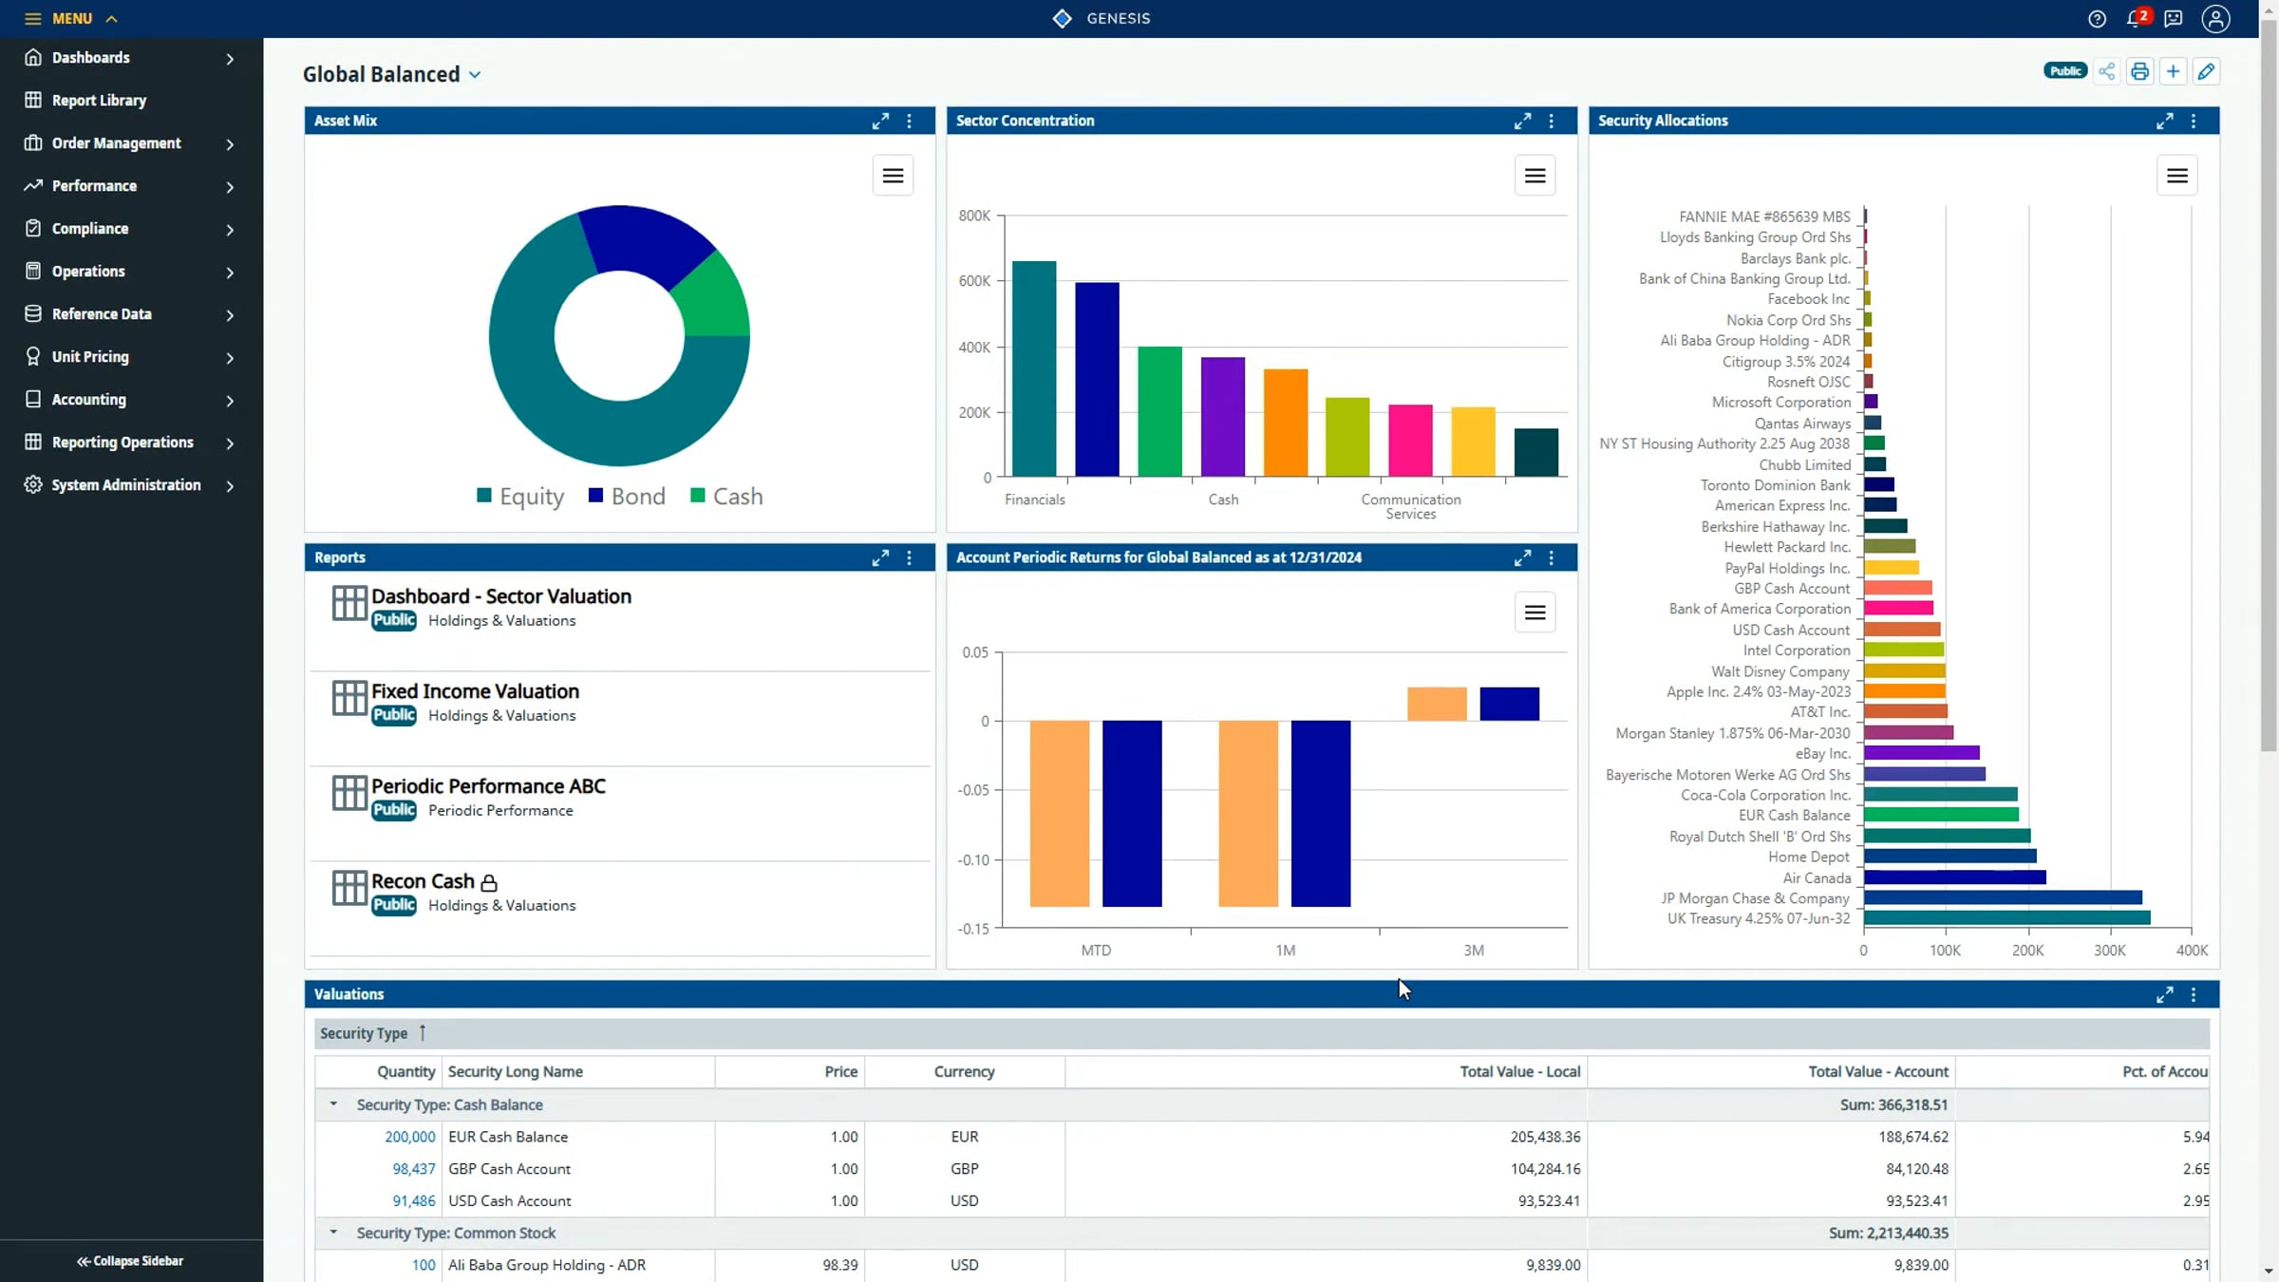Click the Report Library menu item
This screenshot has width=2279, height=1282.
tap(99, 101)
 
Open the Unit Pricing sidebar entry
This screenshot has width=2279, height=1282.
tap(90, 357)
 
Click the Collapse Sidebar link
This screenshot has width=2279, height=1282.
tap(130, 1261)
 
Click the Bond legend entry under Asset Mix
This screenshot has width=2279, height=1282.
tap(628, 497)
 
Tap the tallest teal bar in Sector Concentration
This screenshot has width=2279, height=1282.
tap(1033, 368)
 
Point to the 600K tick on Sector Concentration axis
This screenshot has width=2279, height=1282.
tap(974, 281)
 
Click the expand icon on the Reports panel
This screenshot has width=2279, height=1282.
tap(880, 558)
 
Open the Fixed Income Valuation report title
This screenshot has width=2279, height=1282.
tap(475, 691)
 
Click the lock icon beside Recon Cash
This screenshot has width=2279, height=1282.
tap(489, 883)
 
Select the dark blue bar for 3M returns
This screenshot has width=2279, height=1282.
tap(1509, 704)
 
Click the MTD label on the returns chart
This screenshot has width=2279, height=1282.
tap(1096, 951)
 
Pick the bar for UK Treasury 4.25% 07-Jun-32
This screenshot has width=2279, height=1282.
tap(2006, 918)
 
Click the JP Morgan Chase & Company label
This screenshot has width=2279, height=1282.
tap(1755, 898)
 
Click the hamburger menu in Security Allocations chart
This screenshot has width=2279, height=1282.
tap(2176, 176)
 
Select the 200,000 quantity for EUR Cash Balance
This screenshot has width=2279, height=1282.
tap(409, 1137)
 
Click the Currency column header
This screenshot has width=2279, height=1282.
tap(964, 1072)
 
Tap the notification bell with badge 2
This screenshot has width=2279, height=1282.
tap(2135, 19)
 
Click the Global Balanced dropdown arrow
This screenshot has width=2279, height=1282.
tap(475, 75)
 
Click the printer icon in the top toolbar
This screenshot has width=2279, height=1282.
tap(2139, 72)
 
